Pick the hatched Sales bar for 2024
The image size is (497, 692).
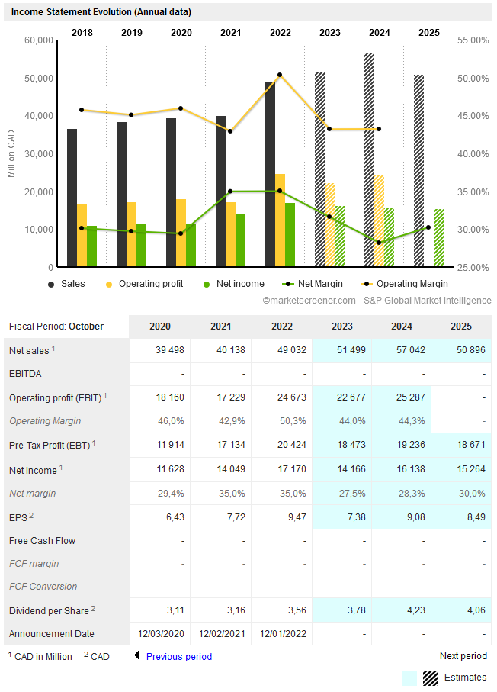point(369,160)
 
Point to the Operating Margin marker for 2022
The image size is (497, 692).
point(280,75)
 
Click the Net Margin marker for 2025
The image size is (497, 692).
point(428,227)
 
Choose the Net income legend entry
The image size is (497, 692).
point(234,284)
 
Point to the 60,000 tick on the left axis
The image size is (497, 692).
point(38,40)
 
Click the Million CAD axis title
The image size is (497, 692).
point(11,153)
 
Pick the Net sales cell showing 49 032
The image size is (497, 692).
point(281,350)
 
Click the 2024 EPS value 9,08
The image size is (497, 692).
point(402,517)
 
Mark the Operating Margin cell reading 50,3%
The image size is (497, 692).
point(281,421)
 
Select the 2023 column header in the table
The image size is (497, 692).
point(342,327)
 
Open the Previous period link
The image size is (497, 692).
point(178,656)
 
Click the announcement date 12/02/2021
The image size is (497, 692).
point(221,634)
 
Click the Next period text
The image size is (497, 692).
point(463,656)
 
